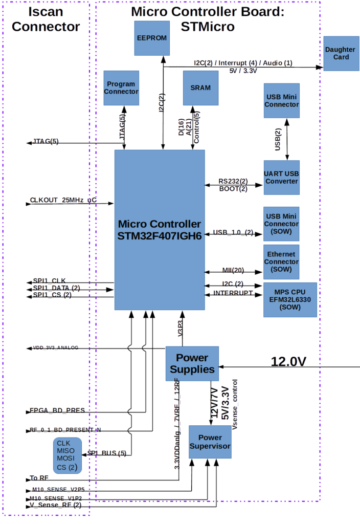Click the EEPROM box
coord(152,38)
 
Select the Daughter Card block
coord(341,53)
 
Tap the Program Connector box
coord(121,88)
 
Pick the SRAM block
coord(200,88)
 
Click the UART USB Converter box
coord(282,177)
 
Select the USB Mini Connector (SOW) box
coord(281,224)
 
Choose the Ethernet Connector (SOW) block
coord(281,262)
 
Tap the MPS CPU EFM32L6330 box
coord(290,299)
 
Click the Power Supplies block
coord(192,363)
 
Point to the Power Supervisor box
coord(210,442)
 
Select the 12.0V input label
coord(288,362)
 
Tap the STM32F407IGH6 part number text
coord(160,236)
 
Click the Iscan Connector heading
coord(46,19)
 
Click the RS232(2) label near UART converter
coord(233,181)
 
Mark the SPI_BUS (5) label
coord(107,453)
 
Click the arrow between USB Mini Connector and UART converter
coord(287,139)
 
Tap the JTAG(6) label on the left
coord(46,141)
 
